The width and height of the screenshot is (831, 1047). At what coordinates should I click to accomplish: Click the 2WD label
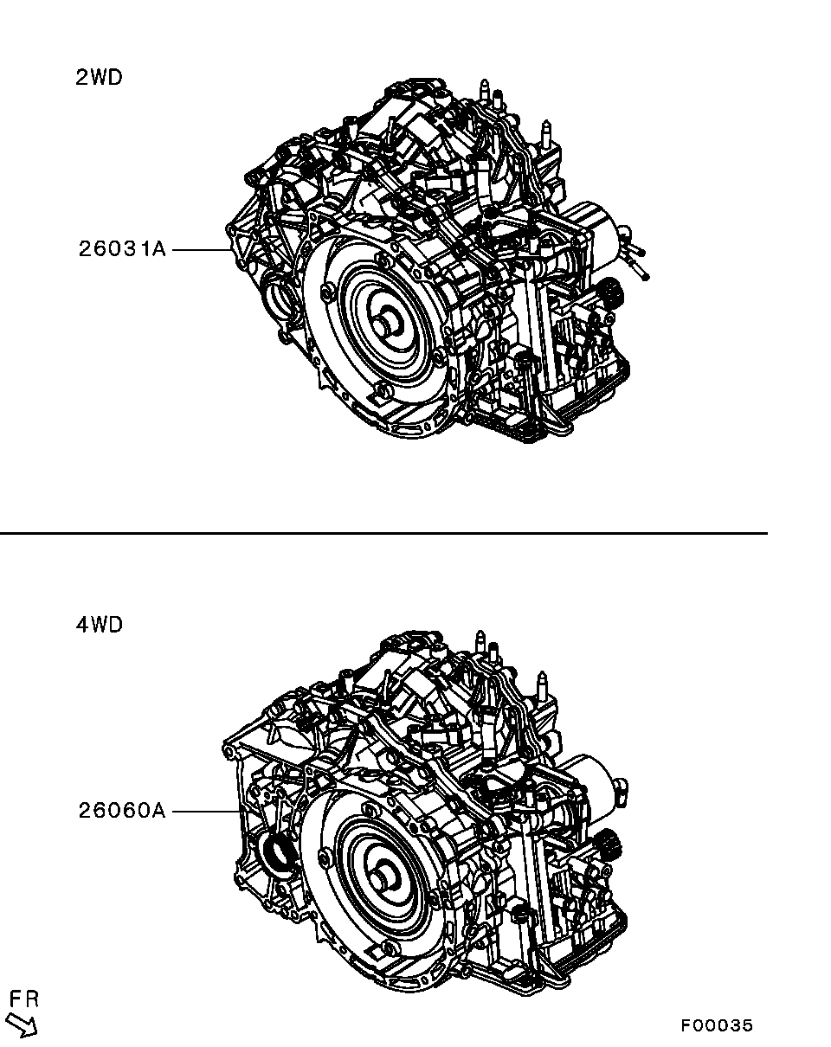pos(99,78)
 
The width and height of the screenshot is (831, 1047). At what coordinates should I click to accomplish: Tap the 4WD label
pos(99,625)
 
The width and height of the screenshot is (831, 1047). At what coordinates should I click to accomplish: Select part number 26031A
pos(122,249)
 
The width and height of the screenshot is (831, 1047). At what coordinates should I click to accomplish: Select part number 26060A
pos(122,811)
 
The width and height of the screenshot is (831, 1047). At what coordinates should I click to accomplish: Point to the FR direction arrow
pos(22,1021)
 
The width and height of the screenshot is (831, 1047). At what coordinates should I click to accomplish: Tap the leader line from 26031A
pos(202,250)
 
